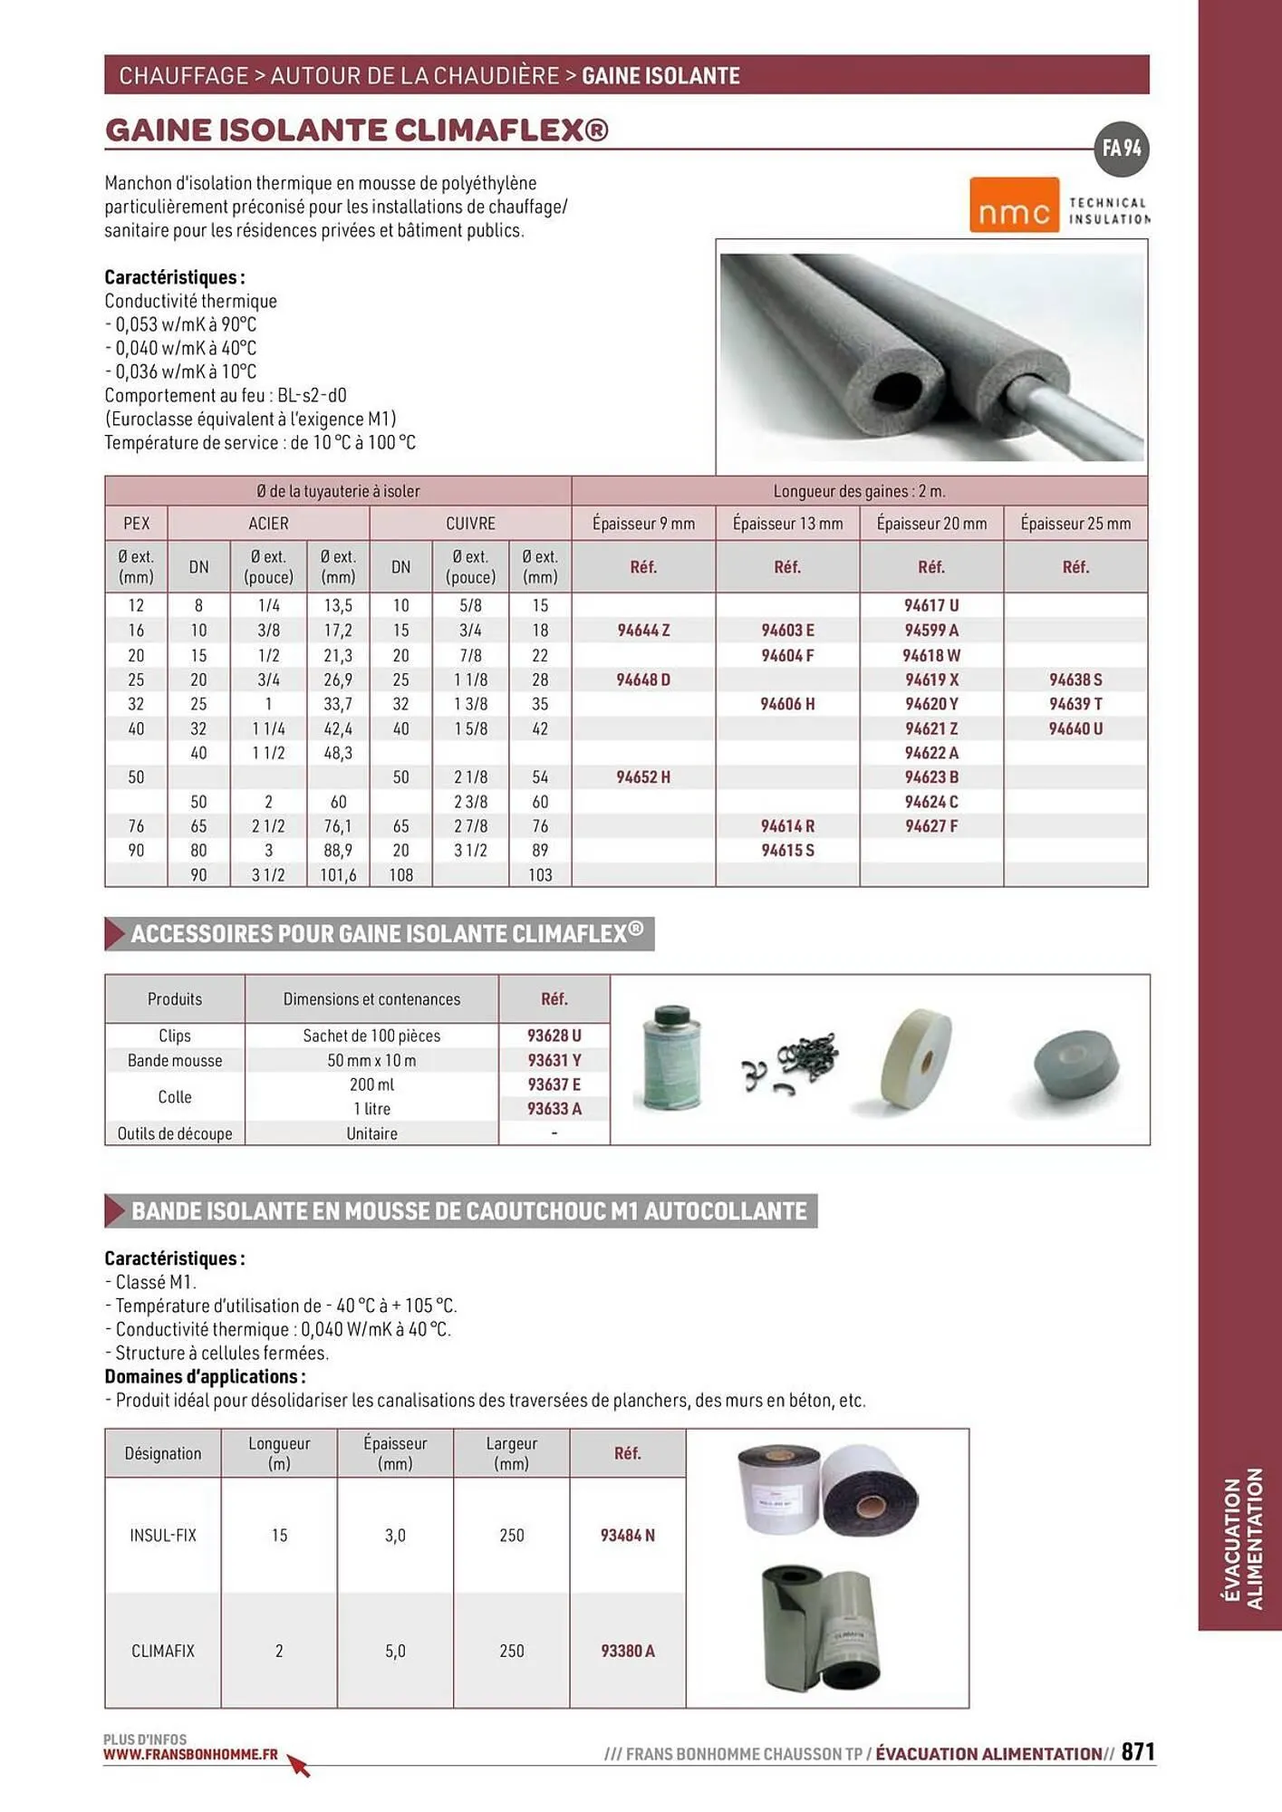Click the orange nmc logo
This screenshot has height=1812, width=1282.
point(1014,205)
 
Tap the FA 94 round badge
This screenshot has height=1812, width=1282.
point(1122,149)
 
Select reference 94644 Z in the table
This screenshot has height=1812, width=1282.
point(643,631)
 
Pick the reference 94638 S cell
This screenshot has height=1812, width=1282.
point(1075,679)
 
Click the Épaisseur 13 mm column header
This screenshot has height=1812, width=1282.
point(787,524)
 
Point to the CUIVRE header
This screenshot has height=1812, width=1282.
point(470,524)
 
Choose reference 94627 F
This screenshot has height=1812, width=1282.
point(931,826)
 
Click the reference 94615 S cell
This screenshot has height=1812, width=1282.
point(787,851)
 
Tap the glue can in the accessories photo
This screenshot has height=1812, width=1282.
point(671,1058)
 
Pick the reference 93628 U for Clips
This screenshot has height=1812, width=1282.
point(554,1036)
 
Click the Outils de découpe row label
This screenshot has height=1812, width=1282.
point(175,1133)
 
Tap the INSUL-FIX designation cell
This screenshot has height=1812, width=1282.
point(163,1536)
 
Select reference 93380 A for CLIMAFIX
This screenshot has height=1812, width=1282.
point(628,1651)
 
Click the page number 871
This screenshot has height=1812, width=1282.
point(1138,1751)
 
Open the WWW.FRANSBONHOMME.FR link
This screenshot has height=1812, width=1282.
point(190,1754)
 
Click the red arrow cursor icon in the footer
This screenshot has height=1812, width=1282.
point(299,1765)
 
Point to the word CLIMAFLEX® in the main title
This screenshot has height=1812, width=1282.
point(502,130)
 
